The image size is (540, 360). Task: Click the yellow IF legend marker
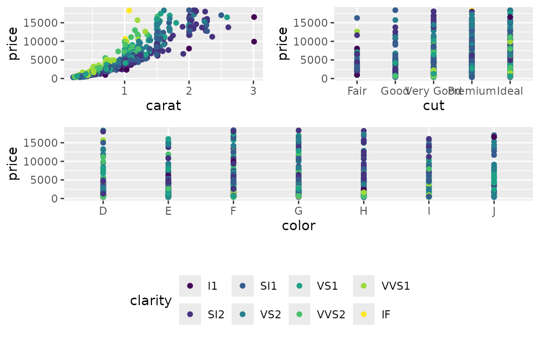pos(363,315)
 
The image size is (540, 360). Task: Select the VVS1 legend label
pos(396,286)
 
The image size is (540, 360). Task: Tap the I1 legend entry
pos(212,286)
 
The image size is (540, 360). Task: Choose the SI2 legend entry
pos(216,315)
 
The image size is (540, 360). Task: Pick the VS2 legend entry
pos(270,315)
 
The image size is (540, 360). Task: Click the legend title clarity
pos(151,300)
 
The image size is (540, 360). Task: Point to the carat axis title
pos(163,106)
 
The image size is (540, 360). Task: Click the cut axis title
pos(434,106)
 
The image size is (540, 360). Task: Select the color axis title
pos(299,226)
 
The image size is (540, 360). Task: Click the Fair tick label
pos(357,91)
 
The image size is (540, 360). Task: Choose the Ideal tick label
pos(510,91)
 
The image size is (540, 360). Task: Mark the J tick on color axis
pos(494,211)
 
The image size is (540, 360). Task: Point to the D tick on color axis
pos(103,211)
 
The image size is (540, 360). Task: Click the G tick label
pos(299,211)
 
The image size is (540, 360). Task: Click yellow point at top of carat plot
pos(129,10)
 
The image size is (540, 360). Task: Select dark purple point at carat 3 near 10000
pos(254,42)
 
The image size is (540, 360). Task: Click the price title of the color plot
pos(14,164)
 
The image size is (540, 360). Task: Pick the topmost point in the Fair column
pos(357,18)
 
